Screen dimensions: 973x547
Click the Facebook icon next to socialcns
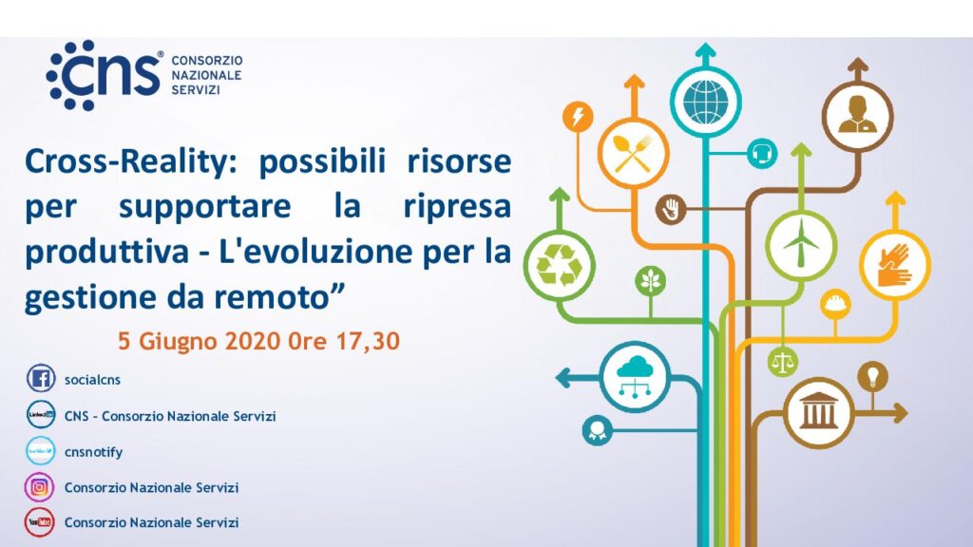point(40,378)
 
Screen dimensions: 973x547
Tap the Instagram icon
point(39,487)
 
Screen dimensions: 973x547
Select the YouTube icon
point(39,522)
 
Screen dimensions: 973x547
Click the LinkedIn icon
point(40,414)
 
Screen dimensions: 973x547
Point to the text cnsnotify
point(94,452)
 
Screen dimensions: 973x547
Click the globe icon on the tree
point(706,102)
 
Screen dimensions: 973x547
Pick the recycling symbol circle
point(559,266)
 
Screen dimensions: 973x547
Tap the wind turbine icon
point(801,245)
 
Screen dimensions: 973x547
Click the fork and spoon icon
point(633,153)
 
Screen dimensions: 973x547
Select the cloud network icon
point(635,377)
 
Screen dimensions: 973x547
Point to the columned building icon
point(818,412)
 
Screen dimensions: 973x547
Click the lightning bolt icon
point(578,116)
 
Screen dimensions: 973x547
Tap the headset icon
point(762,153)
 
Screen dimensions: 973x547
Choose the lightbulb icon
point(872,376)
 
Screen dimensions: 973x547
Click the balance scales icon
point(783,362)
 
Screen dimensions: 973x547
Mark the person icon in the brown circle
point(858,116)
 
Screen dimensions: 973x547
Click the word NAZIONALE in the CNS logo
point(206,75)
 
